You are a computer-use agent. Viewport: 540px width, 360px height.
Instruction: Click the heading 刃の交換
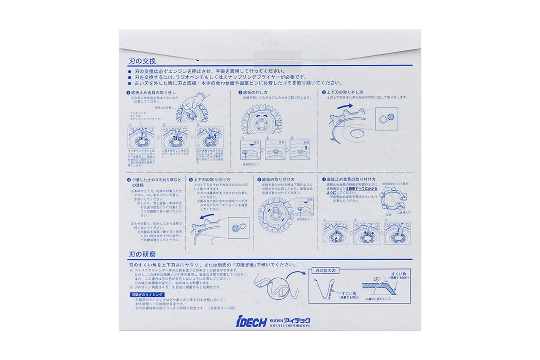pyautogui.click(x=139, y=60)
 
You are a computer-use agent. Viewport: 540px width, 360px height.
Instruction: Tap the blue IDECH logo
pyautogui.click(x=251, y=322)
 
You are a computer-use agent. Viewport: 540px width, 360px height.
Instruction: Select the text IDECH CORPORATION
pyautogui.click(x=290, y=326)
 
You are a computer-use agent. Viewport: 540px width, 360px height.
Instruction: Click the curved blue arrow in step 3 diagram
pyautogui.click(x=346, y=106)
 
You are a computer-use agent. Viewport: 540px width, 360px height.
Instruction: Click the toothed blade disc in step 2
pyautogui.click(x=261, y=121)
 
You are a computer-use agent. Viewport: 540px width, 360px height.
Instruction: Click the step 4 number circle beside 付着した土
pyautogui.click(x=129, y=179)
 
